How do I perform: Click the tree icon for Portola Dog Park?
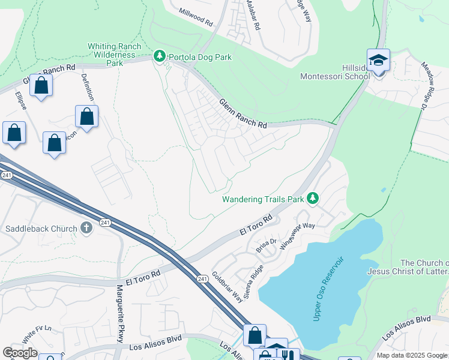(159, 57)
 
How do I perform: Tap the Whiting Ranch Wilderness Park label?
(114, 54)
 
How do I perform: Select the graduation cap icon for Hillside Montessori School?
(378, 60)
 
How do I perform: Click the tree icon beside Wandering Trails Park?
(312, 199)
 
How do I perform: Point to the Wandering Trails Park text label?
(262, 199)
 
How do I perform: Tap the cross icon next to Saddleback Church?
(86, 228)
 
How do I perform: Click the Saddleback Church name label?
(41, 229)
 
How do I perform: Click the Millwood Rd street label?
(196, 17)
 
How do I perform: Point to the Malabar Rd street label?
(252, 15)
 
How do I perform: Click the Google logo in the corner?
(20, 353)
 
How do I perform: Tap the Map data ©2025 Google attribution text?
(412, 355)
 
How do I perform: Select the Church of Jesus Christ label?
(424, 269)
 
